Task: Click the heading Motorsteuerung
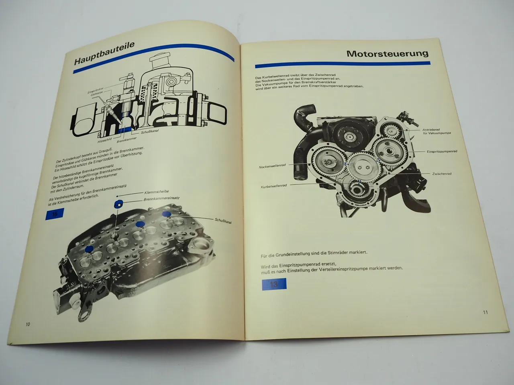pyautogui.click(x=387, y=53)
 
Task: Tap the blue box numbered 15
pyautogui.click(x=55, y=214)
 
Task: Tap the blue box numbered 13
pyautogui.click(x=274, y=284)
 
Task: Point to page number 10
pyautogui.click(x=27, y=324)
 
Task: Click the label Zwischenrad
pyautogui.click(x=442, y=174)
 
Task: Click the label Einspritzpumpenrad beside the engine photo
pyautogui.click(x=442, y=151)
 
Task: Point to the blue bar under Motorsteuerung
pyautogui.click(x=343, y=65)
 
